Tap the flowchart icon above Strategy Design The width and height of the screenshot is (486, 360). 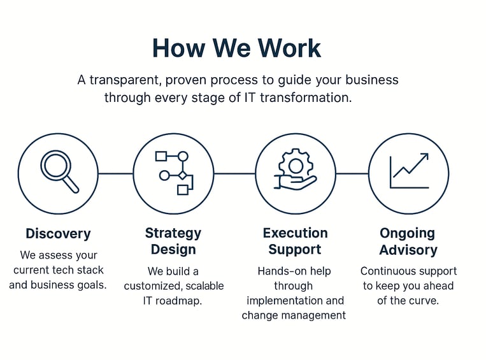(x=174, y=173)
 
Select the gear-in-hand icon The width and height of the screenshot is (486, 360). (x=295, y=169)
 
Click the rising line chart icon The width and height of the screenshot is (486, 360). (x=409, y=171)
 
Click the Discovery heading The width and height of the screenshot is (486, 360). (x=58, y=233)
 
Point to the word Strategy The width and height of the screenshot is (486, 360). (x=173, y=233)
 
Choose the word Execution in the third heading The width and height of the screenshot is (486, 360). (x=295, y=233)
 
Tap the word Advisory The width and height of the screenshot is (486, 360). (x=408, y=250)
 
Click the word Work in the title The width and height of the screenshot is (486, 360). (x=289, y=48)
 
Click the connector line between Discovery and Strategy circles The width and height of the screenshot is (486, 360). (x=116, y=173)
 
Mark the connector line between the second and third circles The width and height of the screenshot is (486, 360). (x=234, y=173)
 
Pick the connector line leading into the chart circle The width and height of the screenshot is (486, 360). (x=352, y=173)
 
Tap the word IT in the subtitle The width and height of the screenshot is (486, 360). (x=250, y=97)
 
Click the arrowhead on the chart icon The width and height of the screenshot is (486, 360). (x=425, y=157)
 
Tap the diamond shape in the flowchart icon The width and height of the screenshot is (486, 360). (x=183, y=175)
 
